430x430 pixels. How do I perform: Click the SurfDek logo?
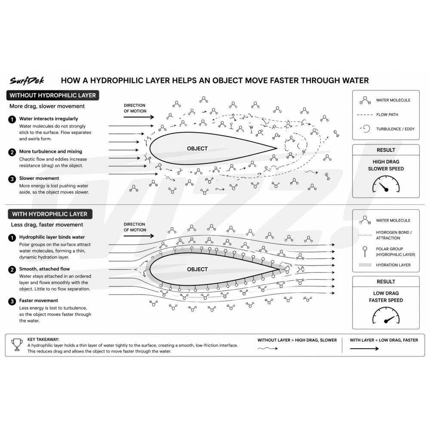[x=27, y=80]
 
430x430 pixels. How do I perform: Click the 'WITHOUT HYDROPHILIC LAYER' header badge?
[x=52, y=95]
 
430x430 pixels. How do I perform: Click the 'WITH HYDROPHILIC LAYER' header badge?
[x=49, y=214]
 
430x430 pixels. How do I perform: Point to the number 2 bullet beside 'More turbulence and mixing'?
[x=12, y=152]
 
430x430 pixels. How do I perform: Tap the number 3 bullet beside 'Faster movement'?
[x=12, y=301]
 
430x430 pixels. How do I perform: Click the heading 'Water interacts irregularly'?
[x=49, y=119]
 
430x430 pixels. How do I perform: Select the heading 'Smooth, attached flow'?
[x=44, y=269]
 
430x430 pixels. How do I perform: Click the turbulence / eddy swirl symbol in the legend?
[x=365, y=129]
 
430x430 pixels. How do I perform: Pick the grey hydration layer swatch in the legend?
[x=365, y=265]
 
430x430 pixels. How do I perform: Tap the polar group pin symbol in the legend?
[x=365, y=250]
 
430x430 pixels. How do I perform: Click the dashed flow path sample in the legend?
[x=365, y=115]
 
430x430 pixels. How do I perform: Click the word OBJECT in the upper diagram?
[x=197, y=148]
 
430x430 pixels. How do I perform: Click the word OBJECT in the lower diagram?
[x=197, y=269]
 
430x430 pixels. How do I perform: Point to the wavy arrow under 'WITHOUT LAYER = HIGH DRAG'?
[x=267, y=349]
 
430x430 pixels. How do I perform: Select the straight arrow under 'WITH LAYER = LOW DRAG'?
[x=364, y=349]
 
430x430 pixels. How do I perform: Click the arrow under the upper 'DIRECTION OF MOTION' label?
[x=138, y=117]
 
